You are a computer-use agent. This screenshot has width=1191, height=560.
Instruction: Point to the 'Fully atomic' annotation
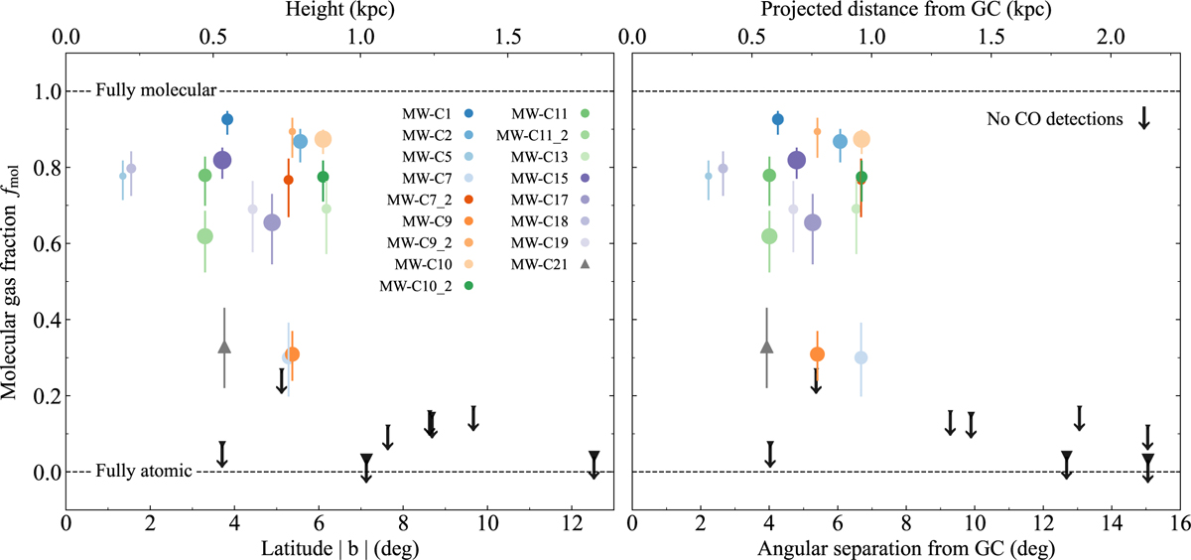(x=143, y=472)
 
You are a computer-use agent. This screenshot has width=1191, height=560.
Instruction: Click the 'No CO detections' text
(x=1055, y=119)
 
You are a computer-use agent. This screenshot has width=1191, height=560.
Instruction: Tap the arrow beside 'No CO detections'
(x=1143, y=117)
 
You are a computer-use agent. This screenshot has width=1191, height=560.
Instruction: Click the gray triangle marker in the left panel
(x=224, y=347)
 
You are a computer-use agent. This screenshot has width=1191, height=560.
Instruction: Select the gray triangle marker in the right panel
(x=766, y=347)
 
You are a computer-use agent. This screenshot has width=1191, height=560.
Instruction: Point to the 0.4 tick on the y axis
(x=42, y=320)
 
